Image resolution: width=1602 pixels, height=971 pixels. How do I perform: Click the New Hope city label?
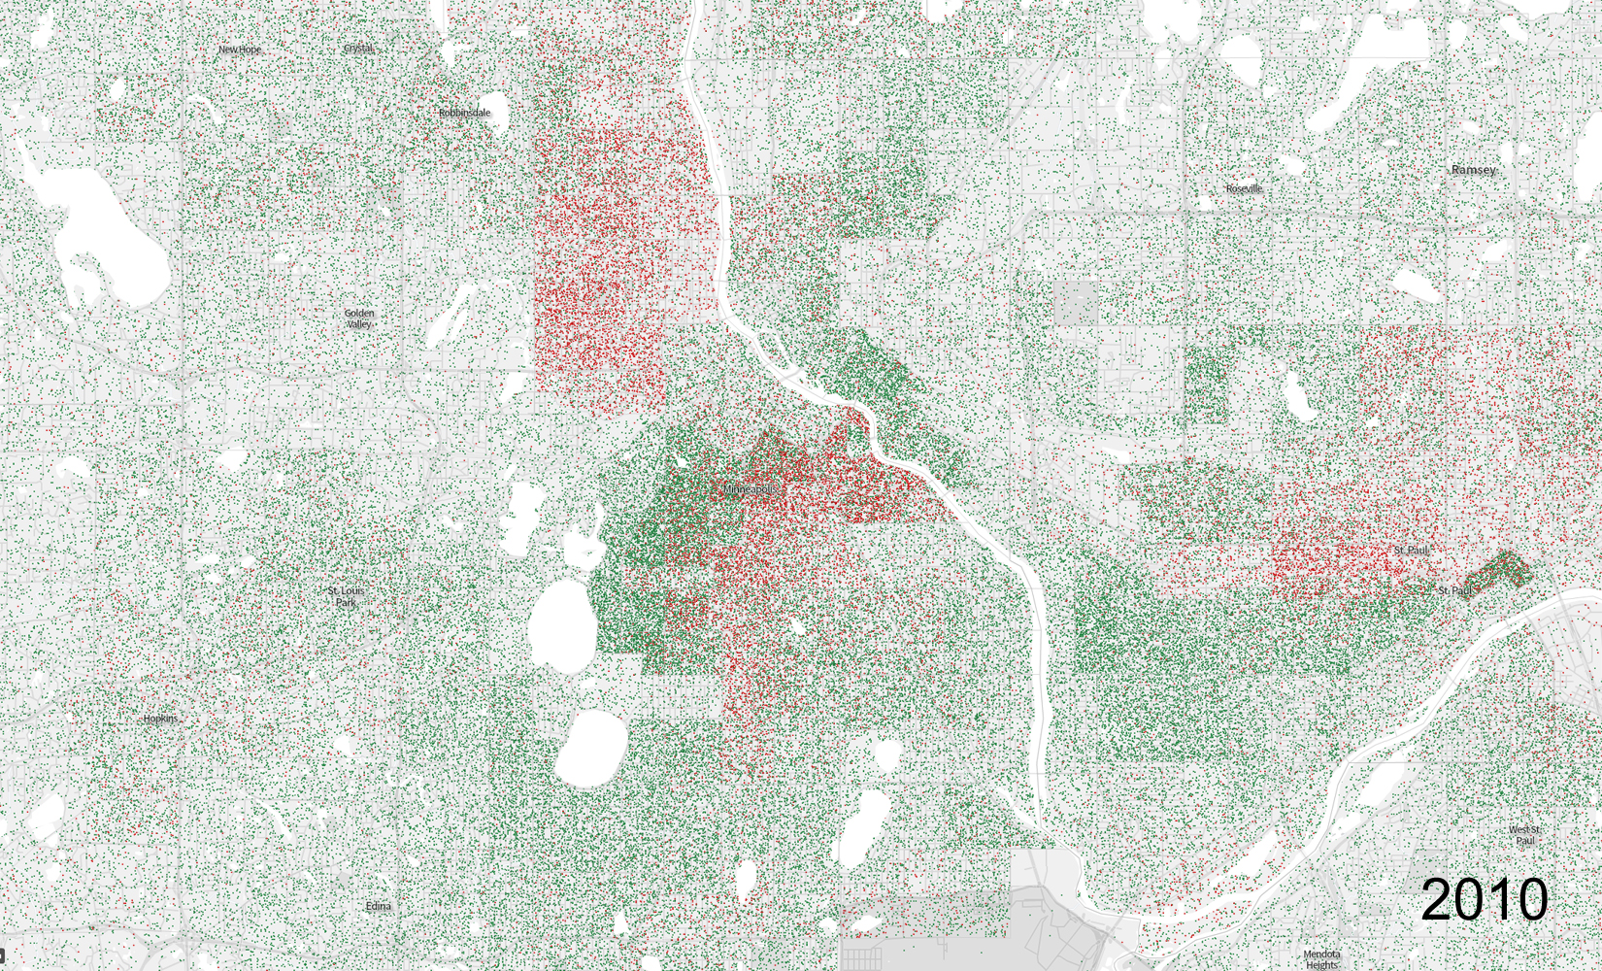point(239,50)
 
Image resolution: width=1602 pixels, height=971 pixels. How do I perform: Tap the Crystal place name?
point(358,49)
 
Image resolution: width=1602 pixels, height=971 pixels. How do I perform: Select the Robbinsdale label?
point(464,114)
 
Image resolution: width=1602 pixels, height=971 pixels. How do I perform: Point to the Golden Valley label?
point(359,318)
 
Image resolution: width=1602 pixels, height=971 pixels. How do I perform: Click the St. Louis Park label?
point(346,596)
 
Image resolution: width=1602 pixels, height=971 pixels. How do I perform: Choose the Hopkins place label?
point(161,719)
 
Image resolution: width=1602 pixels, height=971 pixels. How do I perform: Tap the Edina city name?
point(379,906)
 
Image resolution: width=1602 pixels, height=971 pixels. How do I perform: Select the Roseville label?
point(1244,188)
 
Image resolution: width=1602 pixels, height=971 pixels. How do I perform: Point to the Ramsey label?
point(1473,170)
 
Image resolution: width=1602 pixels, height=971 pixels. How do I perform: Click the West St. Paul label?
point(1524,834)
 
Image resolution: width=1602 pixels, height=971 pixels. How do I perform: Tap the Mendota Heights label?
point(1321,959)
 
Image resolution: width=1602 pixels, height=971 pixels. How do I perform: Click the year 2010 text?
point(1484,899)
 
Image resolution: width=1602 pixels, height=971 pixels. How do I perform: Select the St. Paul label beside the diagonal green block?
point(1455,590)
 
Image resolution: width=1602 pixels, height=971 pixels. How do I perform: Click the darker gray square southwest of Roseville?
point(1077,302)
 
